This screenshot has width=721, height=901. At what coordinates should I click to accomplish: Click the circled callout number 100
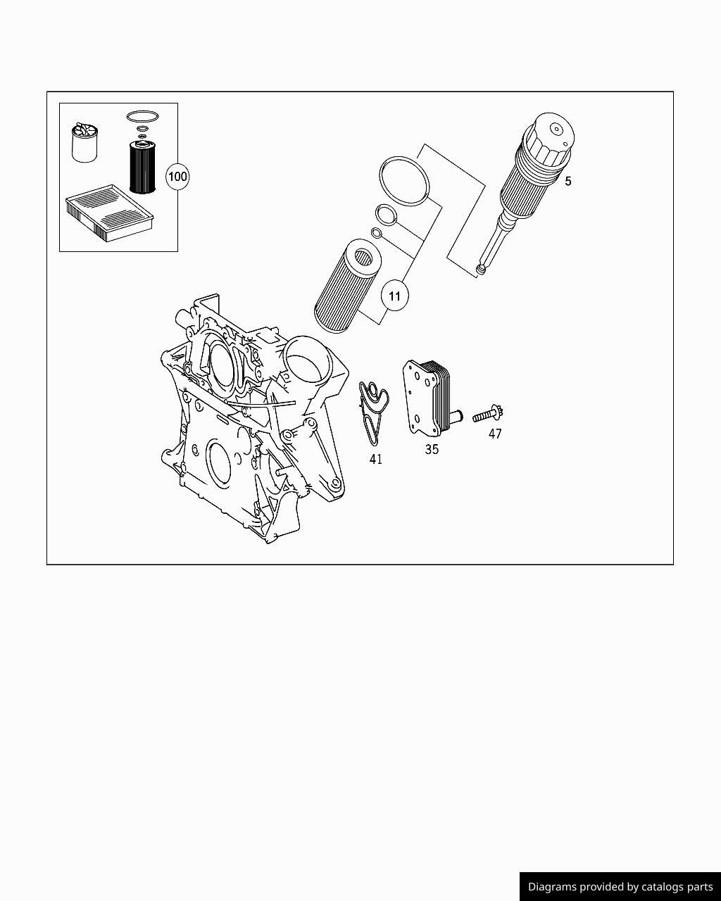(177, 176)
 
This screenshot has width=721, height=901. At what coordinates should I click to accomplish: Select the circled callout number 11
(394, 296)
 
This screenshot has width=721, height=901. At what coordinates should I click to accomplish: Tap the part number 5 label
(568, 182)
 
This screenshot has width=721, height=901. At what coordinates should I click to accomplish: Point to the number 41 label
(376, 460)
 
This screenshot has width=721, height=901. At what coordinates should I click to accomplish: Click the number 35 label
(432, 449)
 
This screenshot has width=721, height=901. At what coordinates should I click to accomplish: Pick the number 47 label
(495, 434)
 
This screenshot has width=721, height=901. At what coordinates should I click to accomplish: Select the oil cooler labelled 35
(428, 396)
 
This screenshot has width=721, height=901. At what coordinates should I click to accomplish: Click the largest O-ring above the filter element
(404, 181)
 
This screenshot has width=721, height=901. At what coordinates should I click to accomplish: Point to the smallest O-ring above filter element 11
(377, 234)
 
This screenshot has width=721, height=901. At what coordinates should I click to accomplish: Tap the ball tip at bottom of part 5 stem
(481, 269)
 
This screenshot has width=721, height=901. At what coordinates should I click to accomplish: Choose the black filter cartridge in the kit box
(142, 167)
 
